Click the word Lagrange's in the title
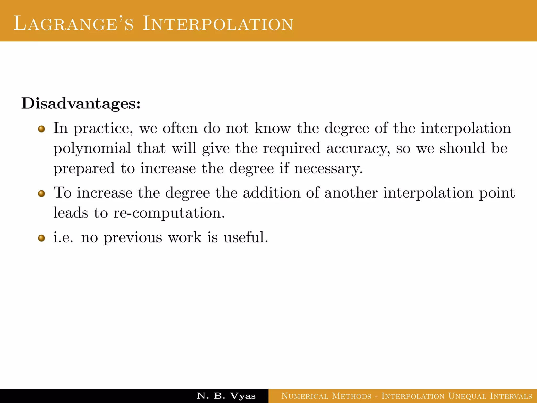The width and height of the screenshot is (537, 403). (73, 24)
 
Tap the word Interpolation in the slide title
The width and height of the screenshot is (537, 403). (218, 24)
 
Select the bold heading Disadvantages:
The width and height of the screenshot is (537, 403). (81, 103)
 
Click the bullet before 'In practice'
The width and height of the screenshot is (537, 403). (41, 129)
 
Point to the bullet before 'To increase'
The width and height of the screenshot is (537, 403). (41, 194)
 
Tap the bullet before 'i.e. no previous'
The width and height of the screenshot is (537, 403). (41, 238)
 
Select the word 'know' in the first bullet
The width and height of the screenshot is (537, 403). (273, 128)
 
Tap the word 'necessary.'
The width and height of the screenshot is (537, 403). (329, 169)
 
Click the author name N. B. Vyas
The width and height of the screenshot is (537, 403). (226, 396)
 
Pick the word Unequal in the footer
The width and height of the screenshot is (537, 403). (467, 396)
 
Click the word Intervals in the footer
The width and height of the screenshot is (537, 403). (511, 396)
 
